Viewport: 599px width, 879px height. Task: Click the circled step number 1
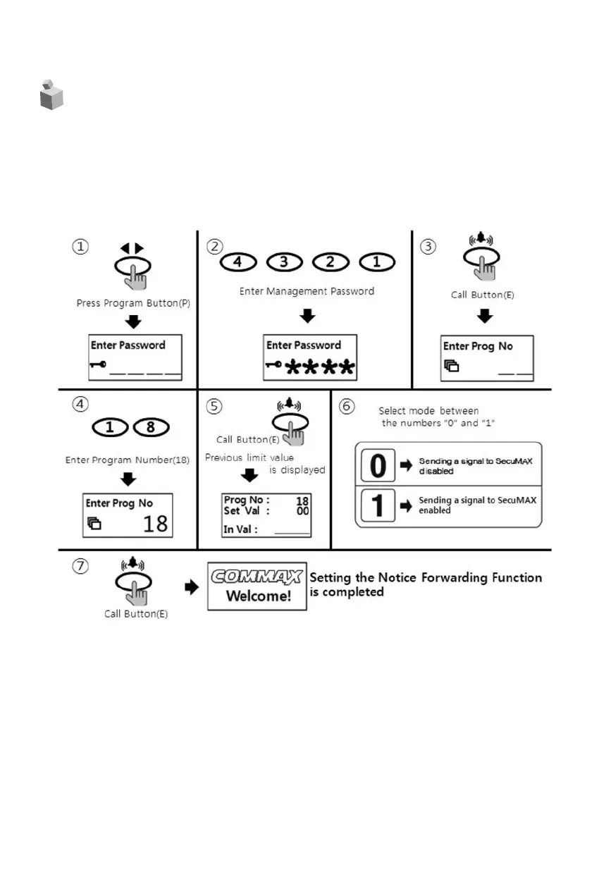(x=82, y=247)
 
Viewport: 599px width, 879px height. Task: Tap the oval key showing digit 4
(x=237, y=262)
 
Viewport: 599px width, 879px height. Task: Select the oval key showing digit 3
(x=285, y=262)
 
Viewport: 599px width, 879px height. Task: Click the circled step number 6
(x=347, y=407)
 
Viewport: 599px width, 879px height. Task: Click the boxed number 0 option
(x=378, y=466)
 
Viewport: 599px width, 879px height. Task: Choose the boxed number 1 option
(x=378, y=505)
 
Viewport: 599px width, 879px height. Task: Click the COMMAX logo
(x=257, y=577)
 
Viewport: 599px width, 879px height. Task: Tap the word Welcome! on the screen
(x=258, y=596)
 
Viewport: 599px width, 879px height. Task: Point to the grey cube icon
(x=51, y=95)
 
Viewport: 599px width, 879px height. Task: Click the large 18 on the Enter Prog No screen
(x=156, y=524)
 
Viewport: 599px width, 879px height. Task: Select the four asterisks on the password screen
(x=320, y=367)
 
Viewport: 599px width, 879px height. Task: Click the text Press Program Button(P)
(x=133, y=303)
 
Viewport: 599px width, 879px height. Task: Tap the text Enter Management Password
(x=307, y=290)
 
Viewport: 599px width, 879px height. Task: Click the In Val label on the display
(x=240, y=529)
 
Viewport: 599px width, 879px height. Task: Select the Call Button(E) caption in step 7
(x=136, y=613)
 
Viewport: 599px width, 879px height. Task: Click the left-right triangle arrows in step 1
(x=131, y=248)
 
